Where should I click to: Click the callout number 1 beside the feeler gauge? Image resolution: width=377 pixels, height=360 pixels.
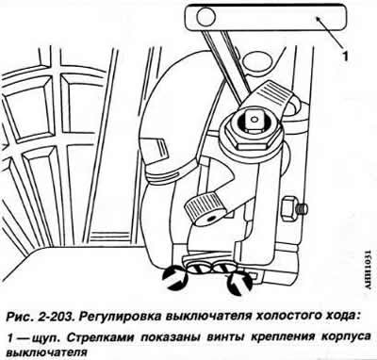(345, 57)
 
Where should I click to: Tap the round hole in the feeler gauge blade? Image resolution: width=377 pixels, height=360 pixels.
(205, 16)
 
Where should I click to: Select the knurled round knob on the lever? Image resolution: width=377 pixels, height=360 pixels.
(201, 208)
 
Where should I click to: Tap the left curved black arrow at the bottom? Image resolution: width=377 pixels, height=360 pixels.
(174, 277)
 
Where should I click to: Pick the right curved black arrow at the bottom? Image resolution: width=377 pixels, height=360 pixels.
(239, 282)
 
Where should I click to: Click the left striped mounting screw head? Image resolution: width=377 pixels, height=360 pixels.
(199, 269)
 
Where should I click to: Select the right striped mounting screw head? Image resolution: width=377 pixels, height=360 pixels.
(223, 269)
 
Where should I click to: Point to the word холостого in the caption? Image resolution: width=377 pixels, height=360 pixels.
(284, 316)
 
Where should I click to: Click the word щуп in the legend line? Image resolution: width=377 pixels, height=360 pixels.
(47, 338)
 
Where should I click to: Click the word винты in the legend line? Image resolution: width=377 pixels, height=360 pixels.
(226, 337)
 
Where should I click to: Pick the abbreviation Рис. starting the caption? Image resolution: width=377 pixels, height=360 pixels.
(20, 316)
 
